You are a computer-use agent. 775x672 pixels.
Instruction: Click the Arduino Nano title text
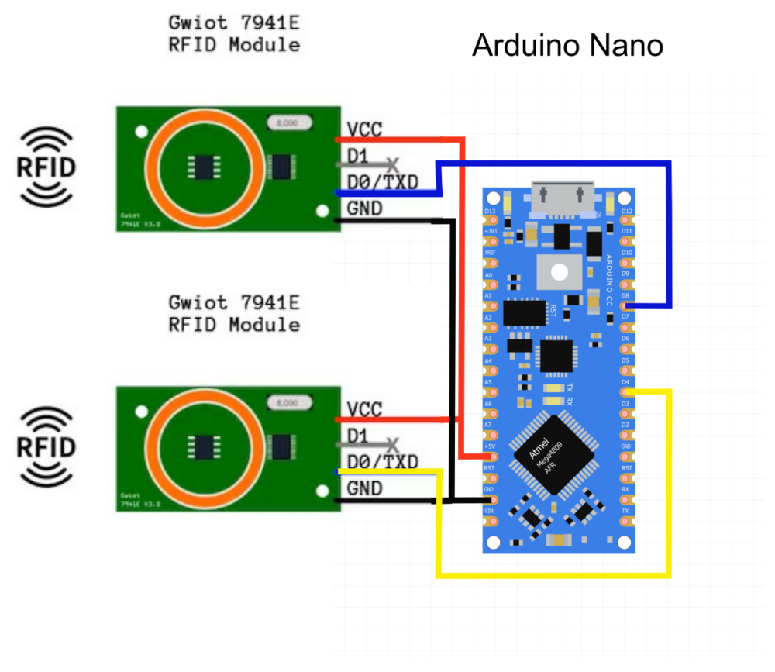coord(567,46)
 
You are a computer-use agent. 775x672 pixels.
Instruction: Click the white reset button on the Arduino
coord(559,270)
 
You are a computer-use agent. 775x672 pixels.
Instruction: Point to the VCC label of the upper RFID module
coord(364,129)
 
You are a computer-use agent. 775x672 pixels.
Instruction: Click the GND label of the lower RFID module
coord(364,488)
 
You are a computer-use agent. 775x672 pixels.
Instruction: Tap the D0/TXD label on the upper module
coord(382,182)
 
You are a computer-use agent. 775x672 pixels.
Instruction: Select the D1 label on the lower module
coord(357,435)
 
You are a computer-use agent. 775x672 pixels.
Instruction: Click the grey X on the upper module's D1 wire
coord(394,164)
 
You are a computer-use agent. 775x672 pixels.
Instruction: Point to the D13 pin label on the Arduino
coord(490,211)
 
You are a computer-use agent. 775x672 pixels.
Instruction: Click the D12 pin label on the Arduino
coord(627,211)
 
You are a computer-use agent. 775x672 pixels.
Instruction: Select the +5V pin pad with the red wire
coord(490,456)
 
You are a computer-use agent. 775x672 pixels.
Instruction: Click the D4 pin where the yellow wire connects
coord(625,393)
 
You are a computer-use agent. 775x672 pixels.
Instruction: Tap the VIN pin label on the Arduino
coord(490,512)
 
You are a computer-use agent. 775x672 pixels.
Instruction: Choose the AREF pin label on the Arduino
coord(490,253)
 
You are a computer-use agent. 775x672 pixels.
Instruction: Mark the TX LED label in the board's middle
coord(570,388)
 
